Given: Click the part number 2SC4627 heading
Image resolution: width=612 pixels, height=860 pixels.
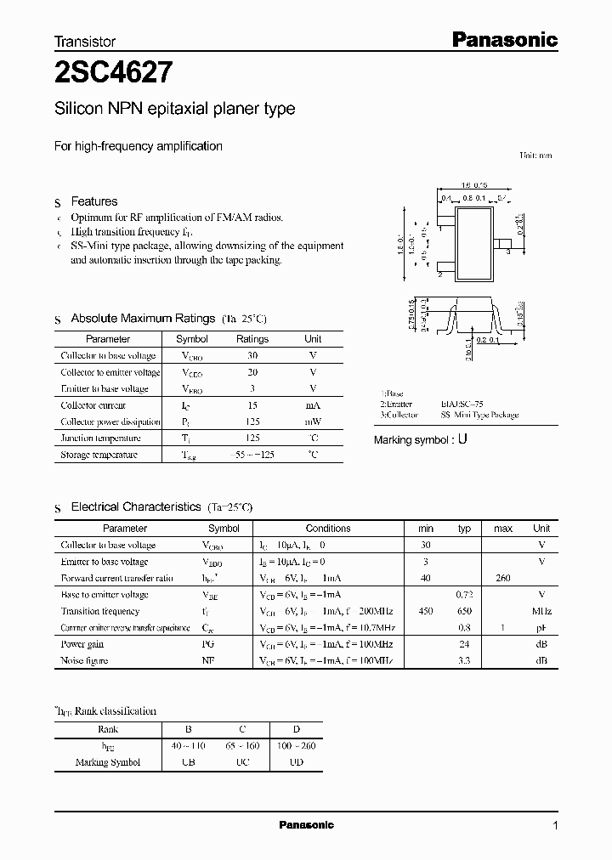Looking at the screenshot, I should click(x=115, y=73).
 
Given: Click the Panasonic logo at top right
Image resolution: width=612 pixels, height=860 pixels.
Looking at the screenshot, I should click(x=502, y=39).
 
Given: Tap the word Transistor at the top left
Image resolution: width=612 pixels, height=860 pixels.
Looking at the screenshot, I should click(x=85, y=41).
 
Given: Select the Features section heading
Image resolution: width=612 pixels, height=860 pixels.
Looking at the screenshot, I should click(x=93, y=201).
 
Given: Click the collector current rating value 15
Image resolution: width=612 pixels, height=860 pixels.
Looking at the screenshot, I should click(x=252, y=405).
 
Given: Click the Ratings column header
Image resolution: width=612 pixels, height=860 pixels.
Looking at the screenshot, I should click(x=252, y=339).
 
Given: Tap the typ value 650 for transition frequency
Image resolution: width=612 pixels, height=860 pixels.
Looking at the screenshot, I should click(x=464, y=611).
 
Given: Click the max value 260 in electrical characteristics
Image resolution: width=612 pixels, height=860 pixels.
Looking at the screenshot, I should click(x=502, y=578).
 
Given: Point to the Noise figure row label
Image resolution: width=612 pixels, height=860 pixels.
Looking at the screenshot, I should click(x=84, y=660).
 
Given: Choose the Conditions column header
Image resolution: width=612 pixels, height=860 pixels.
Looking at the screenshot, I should click(x=327, y=529).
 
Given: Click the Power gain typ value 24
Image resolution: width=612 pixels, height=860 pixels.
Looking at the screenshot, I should click(x=464, y=644).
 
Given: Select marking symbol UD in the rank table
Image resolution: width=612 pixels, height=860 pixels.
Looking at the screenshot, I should click(x=295, y=762).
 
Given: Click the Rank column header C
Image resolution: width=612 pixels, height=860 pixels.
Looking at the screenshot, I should click(x=242, y=729).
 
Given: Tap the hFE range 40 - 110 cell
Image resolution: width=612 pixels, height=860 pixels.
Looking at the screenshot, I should click(x=189, y=746).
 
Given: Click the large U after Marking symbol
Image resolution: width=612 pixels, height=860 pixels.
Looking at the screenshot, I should click(x=462, y=440).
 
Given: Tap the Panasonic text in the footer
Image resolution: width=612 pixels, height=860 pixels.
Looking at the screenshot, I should click(x=306, y=825).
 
